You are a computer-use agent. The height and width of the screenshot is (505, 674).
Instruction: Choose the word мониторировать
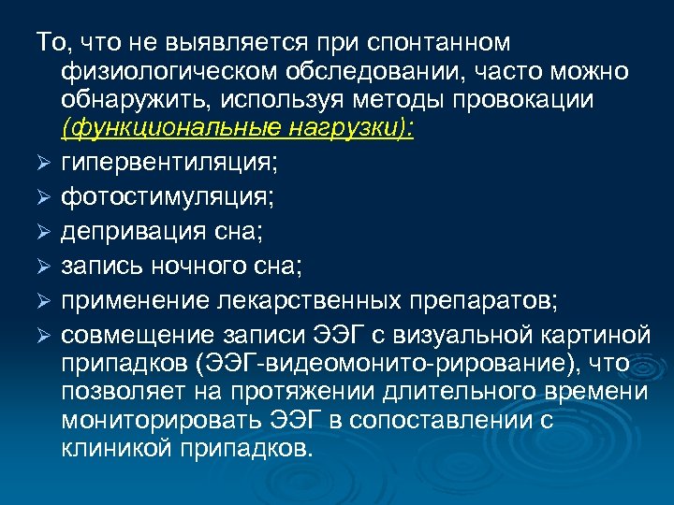[x=156, y=421]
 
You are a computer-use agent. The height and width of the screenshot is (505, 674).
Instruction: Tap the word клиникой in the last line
[x=109, y=450]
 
